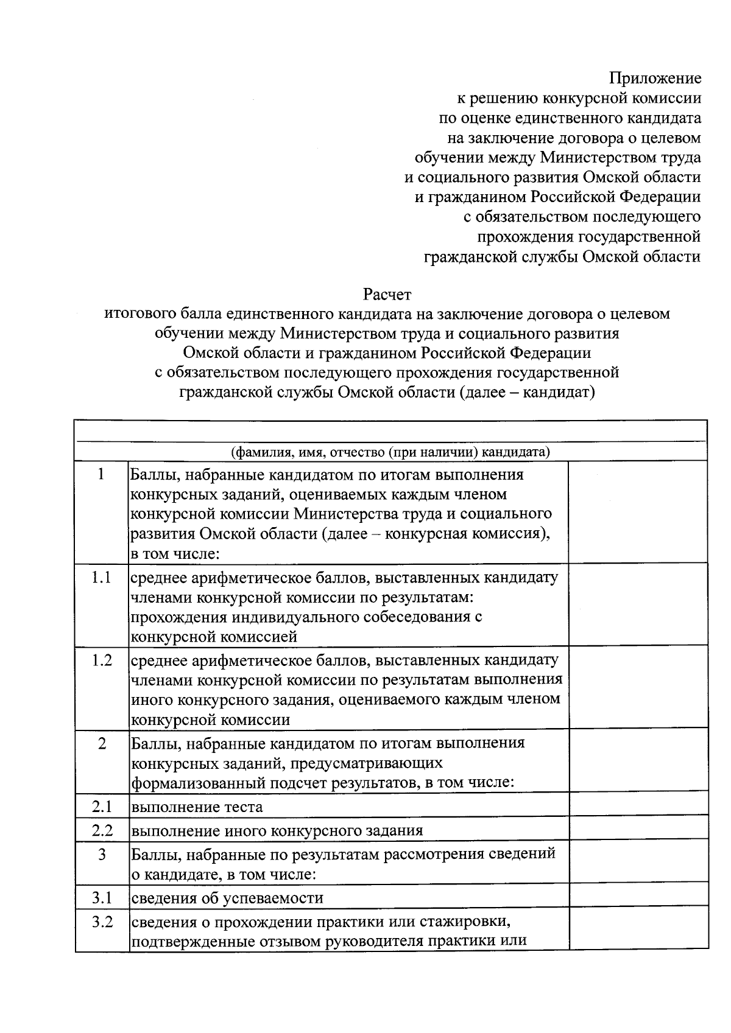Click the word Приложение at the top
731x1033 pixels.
pyautogui.click(x=655, y=79)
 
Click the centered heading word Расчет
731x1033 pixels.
pyautogui.click(x=387, y=295)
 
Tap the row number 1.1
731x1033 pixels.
pyautogui.click(x=101, y=578)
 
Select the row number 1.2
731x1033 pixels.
pyautogui.click(x=102, y=660)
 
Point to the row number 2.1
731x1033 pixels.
pyautogui.click(x=102, y=807)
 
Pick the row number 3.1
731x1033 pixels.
pyautogui.click(x=102, y=898)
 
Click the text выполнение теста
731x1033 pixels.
pyautogui.click(x=197, y=808)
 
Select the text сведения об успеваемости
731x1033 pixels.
pyautogui.click(x=227, y=898)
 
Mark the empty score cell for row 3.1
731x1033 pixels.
pyautogui.click(x=638, y=895)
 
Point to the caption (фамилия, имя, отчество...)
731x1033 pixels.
pyautogui.click(x=390, y=452)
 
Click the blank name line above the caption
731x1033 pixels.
pyautogui.click(x=390, y=432)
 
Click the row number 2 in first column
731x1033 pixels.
pyautogui.click(x=102, y=744)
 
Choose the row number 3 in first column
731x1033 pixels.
pyautogui.click(x=102, y=855)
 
